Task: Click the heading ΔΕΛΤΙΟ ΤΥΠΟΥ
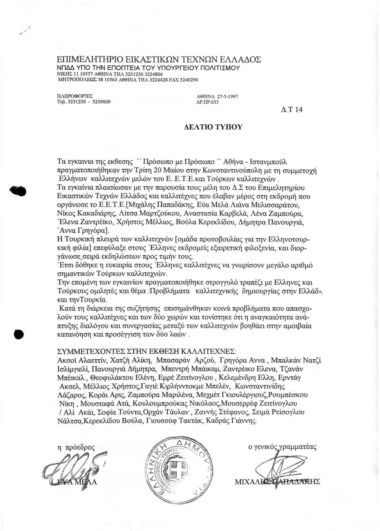point(213,127)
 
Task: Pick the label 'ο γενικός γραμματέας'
point(282,447)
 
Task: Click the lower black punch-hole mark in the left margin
point(19,334)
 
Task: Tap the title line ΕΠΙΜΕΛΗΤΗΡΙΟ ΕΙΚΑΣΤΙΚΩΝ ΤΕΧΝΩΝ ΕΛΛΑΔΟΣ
point(159,59)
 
